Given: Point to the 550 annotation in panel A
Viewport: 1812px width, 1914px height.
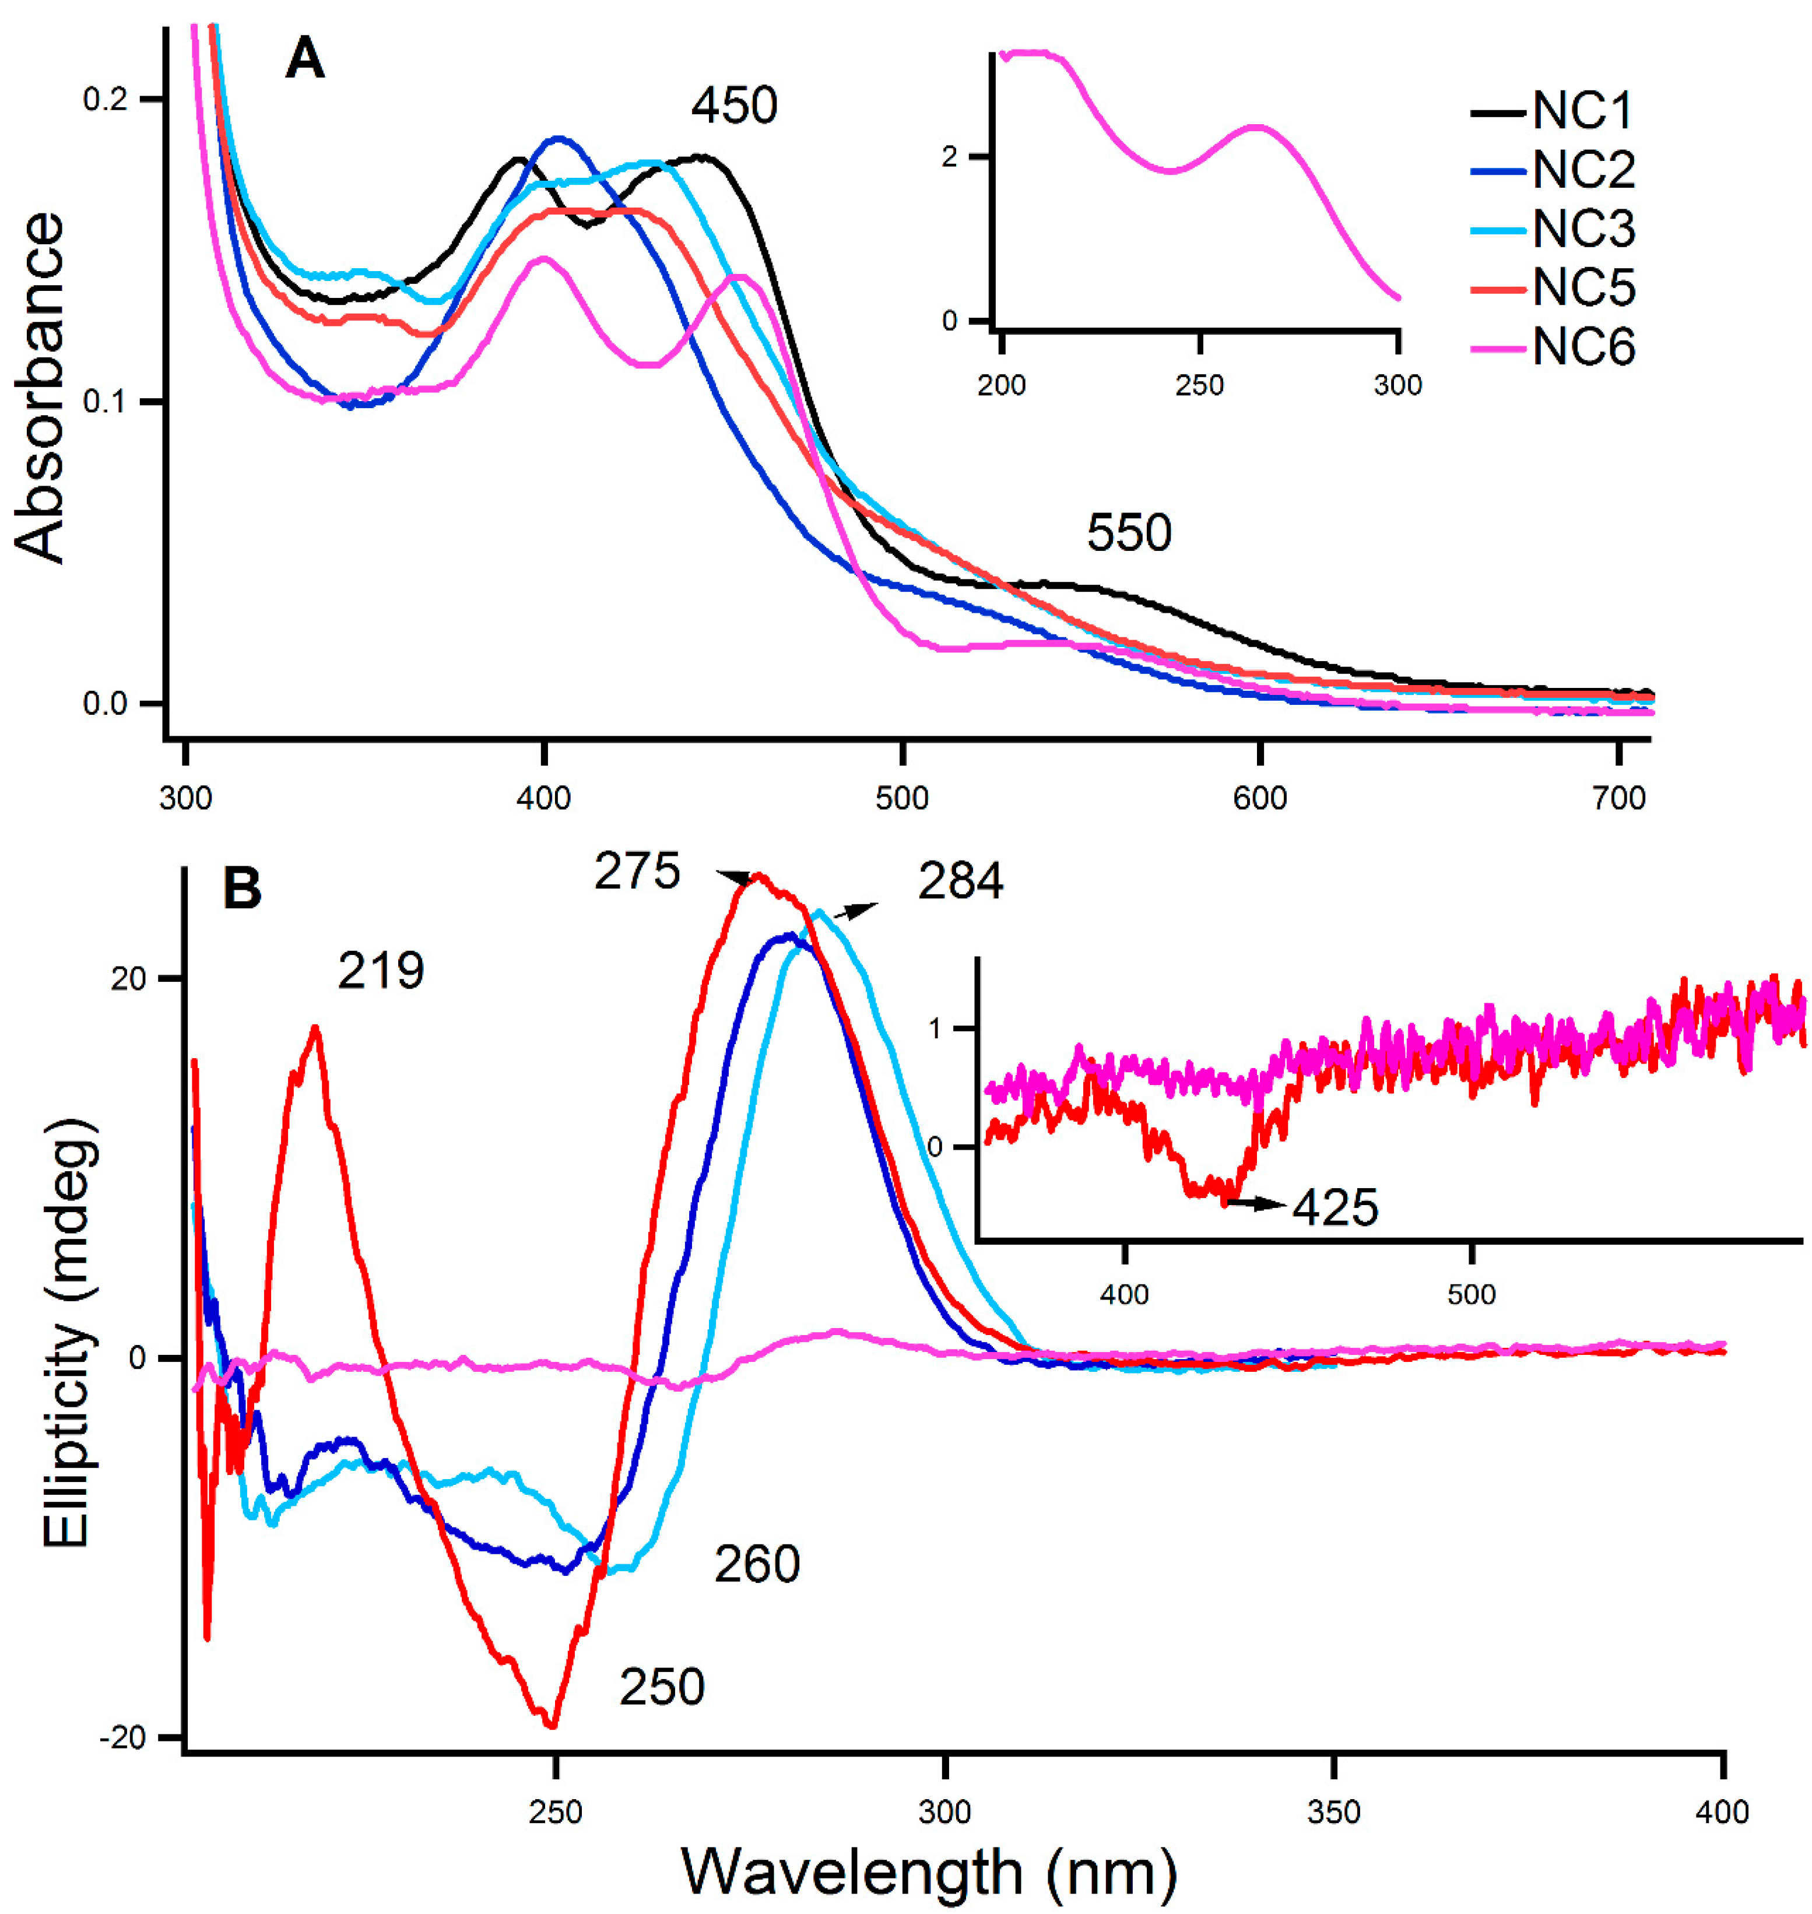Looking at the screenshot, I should pos(1128,532).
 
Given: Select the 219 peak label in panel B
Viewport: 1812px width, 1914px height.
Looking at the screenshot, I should pos(381,971).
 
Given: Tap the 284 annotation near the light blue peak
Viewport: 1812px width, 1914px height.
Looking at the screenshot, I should pos(960,881).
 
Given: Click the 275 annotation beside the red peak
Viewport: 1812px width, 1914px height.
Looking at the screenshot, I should pos(637,871).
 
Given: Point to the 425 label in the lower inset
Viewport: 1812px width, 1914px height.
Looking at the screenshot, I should pos(1335,1207).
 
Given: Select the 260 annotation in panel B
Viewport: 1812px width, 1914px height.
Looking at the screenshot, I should pos(757,1564).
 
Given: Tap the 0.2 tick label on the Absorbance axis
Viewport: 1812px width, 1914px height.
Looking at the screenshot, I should pos(106,100).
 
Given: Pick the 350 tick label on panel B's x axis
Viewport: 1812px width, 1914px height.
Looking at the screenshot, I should pos(1334,1811).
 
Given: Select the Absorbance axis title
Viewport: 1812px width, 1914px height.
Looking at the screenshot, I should pos(41,387).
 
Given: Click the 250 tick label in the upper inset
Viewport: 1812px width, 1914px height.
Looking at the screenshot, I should pos(1200,385).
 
